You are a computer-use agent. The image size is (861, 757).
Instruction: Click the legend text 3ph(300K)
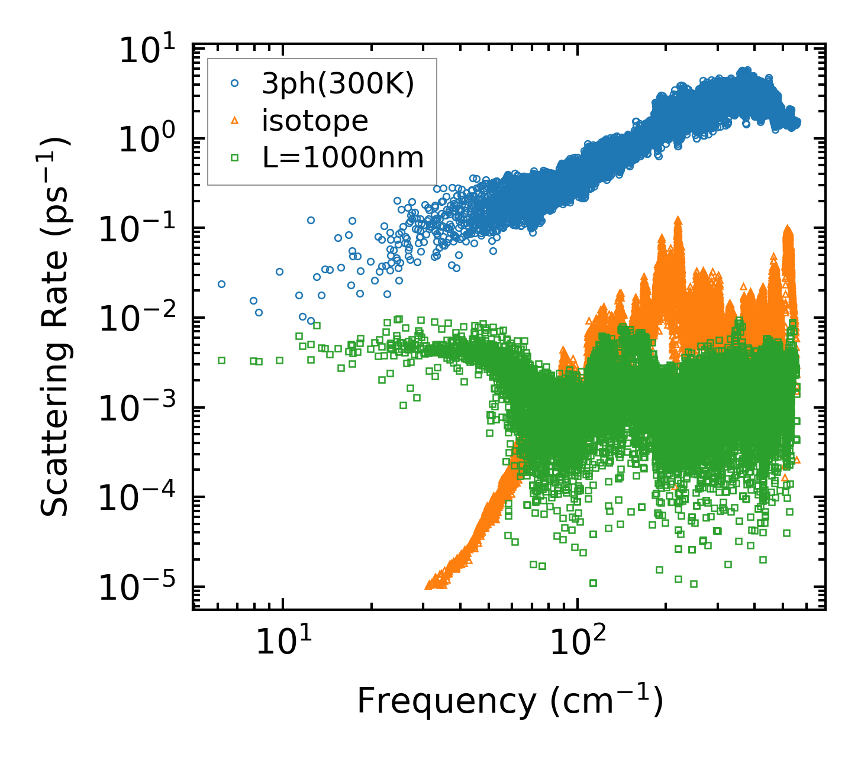pyautogui.click(x=338, y=85)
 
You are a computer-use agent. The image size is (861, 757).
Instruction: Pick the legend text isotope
pyautogui.click(x=315, y=121)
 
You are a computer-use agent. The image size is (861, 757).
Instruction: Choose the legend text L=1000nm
pyautogui.click(x=343, y=158)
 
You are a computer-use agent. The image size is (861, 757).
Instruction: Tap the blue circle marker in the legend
pyautogui.click(x=234, y=84)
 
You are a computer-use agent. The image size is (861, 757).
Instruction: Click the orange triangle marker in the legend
pyautogui.click(x=234, y=121)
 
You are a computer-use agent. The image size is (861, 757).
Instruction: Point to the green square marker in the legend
pyautogui.click(x=234, y=157)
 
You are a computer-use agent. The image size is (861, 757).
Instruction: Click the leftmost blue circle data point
pyautogui.click(x=221, y=284)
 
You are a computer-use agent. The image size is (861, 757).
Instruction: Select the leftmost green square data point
pyautogui.click(x=221, y=360)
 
